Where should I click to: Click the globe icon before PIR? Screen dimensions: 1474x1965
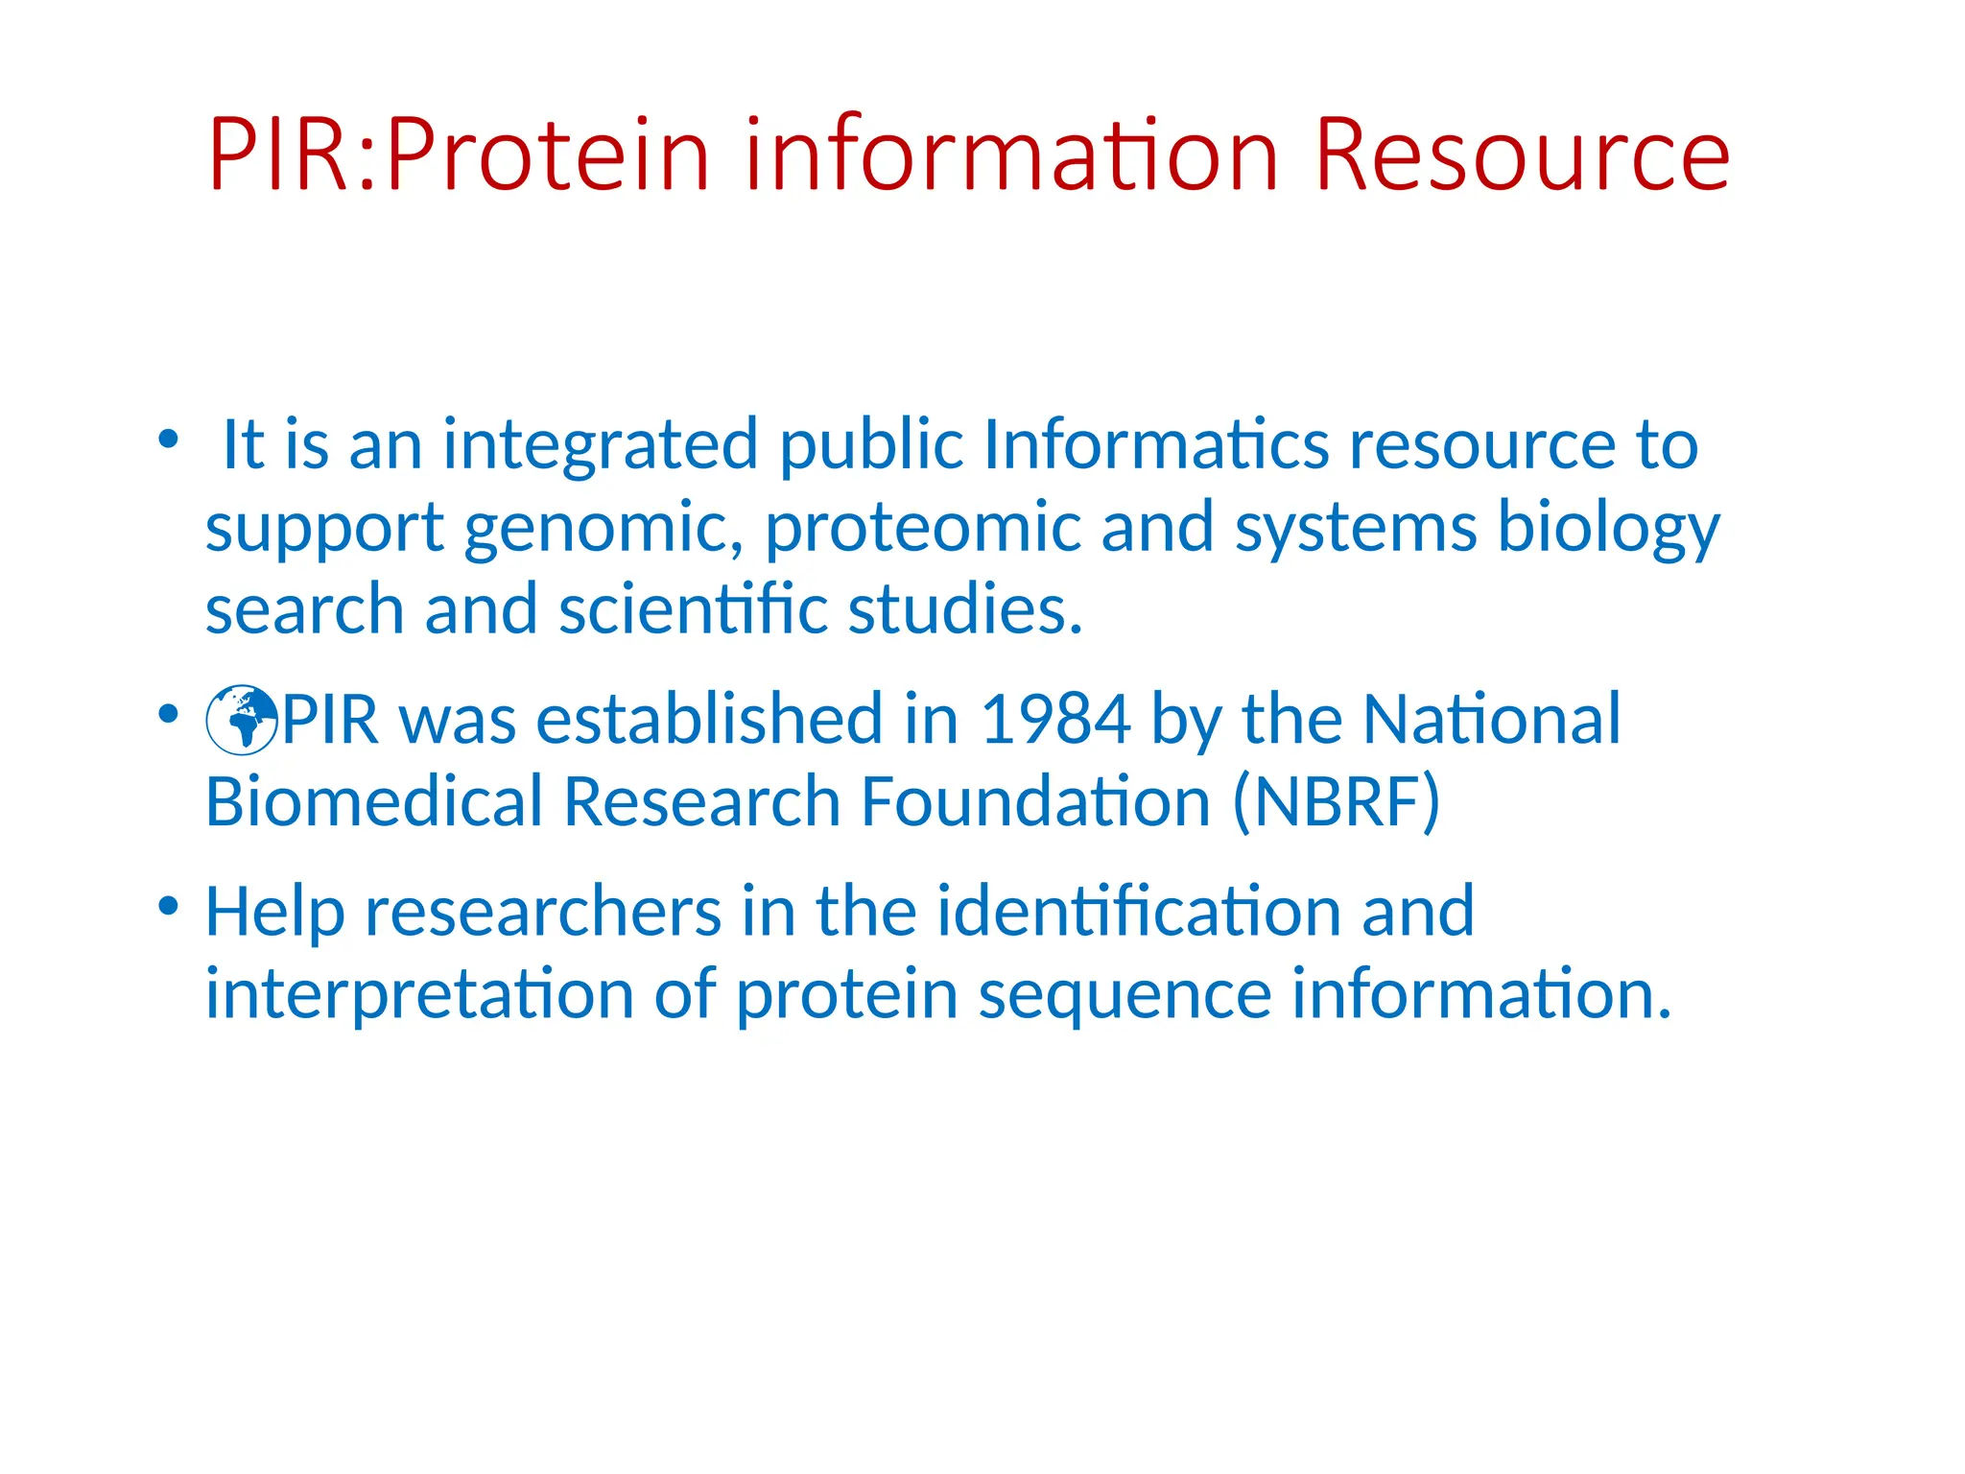242,720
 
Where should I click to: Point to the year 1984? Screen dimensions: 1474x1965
1055,720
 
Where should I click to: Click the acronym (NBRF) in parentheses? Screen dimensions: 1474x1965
1336,802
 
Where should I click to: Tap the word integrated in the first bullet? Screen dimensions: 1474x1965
601,445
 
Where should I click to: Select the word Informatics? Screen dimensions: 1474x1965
1155,445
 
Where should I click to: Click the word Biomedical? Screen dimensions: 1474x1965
374,802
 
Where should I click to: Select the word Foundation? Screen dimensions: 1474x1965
1035,802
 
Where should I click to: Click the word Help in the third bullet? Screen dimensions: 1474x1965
274,912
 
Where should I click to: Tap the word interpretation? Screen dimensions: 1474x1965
419,994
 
